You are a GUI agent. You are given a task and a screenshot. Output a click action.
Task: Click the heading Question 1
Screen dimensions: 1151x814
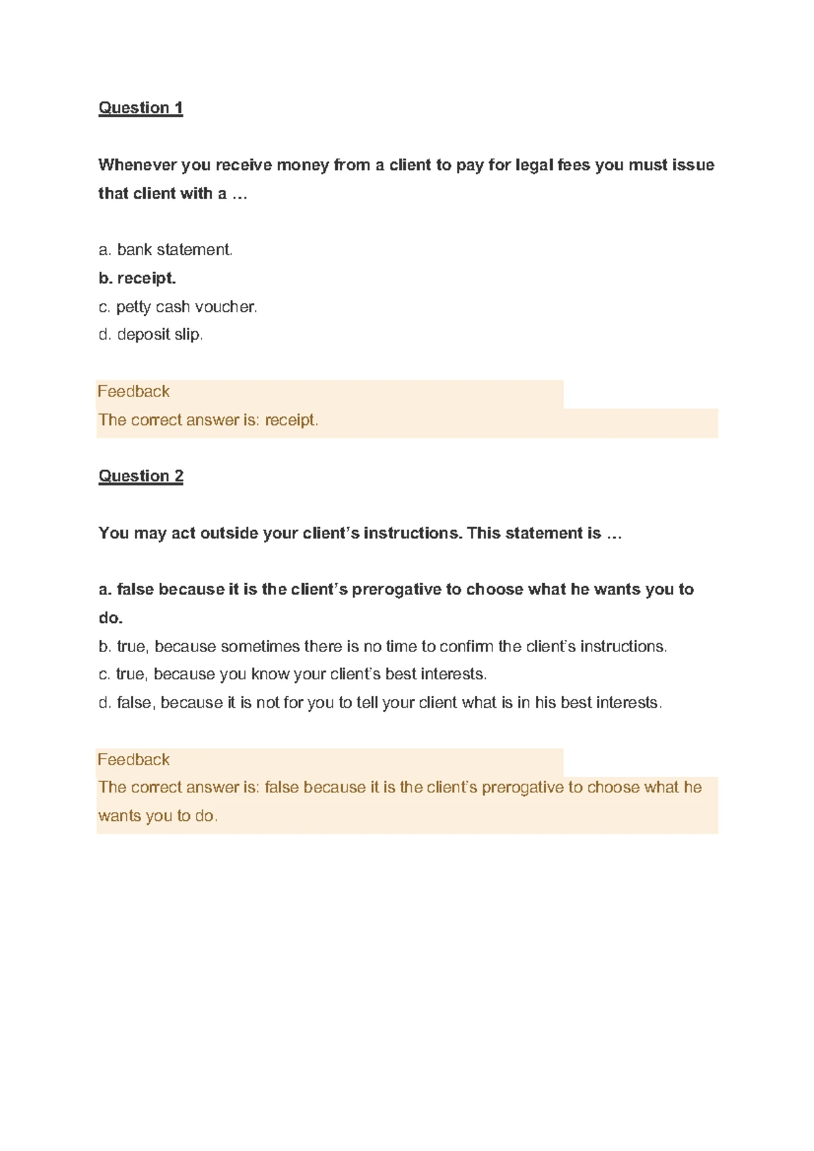point(140,108)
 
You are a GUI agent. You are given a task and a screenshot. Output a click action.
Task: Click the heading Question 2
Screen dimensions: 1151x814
point(140,476)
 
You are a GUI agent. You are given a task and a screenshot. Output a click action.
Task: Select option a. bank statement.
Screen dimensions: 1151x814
point(166,250)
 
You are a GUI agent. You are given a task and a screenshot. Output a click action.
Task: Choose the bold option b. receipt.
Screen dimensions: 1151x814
point(137,279)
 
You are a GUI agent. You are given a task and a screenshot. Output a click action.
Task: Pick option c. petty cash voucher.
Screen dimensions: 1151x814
point(178,307)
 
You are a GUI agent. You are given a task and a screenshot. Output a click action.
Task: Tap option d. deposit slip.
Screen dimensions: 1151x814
point(151,335)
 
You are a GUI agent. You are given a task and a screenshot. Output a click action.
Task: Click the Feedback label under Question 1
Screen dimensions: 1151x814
point(134,392)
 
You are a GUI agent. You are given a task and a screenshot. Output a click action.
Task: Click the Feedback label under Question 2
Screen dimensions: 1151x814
point(134,760)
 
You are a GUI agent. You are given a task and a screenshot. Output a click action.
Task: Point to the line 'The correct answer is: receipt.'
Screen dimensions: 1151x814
point(208,420)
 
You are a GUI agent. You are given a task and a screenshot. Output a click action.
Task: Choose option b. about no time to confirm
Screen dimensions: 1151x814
point(383,647)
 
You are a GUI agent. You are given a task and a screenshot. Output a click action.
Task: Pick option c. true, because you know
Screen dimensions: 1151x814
point(292,674)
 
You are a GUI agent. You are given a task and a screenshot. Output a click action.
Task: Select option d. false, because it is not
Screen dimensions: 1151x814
point(380,703)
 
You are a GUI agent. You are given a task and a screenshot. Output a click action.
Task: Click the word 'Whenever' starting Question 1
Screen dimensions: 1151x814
point(137,165)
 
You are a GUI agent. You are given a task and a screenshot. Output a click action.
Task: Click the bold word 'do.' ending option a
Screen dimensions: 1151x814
point(111,618)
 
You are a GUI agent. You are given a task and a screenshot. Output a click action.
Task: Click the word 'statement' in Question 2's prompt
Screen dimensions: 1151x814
point(546,533)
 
